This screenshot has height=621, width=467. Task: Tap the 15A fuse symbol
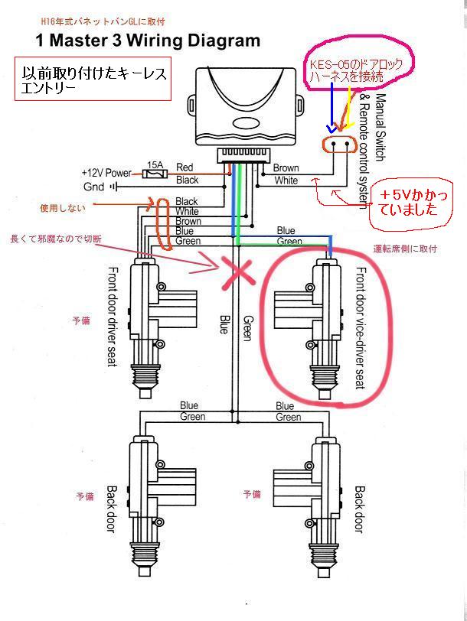(155, 174)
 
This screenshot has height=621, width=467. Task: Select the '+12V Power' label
(106, 174)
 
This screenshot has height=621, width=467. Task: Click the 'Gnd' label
(93, 187)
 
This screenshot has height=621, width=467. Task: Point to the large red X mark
(237, 271)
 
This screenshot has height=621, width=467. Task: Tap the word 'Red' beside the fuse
(185, 167)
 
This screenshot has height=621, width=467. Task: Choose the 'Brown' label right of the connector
(286, 168)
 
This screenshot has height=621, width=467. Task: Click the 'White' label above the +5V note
(286, 180)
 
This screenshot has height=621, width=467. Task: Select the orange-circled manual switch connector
(340, 144)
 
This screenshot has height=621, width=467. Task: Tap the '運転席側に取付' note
(405, 249)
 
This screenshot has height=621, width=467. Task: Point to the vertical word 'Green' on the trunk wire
(247, 328)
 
